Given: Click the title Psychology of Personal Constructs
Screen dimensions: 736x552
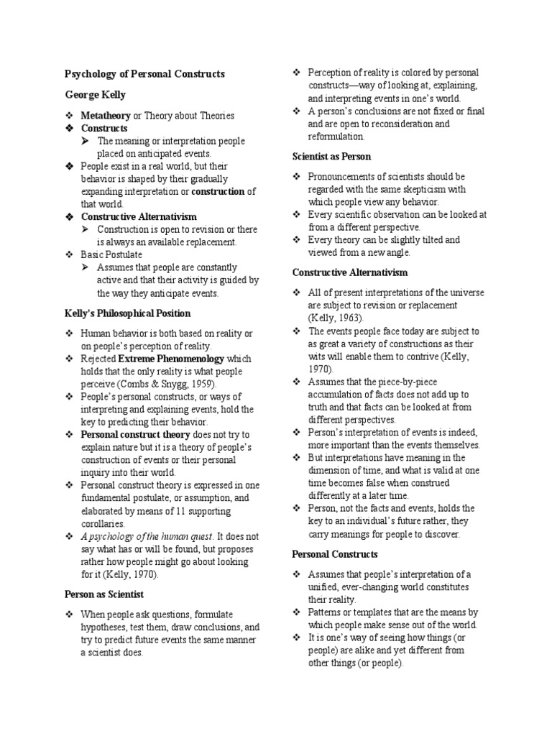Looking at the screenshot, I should coord(144,74).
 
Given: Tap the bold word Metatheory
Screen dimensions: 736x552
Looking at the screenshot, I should coord(106,116).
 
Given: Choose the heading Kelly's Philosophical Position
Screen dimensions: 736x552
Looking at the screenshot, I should coord(127,313).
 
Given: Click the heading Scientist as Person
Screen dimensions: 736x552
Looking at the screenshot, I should coord(331,157).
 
